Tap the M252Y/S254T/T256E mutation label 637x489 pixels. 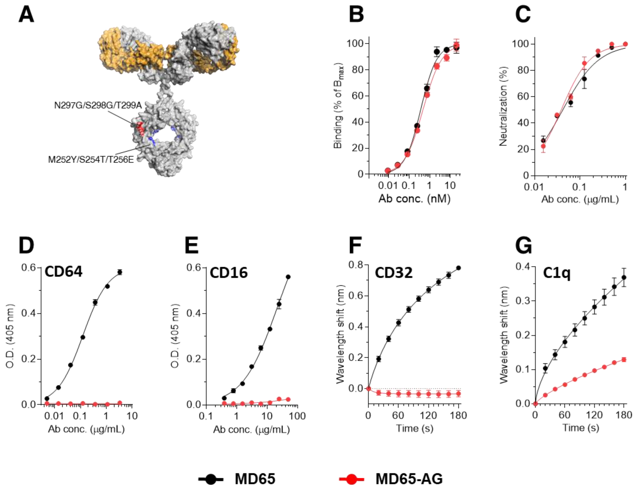(91, 160)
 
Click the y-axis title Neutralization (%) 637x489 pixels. (503, 106)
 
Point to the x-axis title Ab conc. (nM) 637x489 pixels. (414, 198)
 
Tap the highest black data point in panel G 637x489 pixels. (624, 277)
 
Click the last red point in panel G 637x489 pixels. (624, 359)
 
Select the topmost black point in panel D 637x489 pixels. (119, 272)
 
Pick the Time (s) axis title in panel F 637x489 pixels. (414, 428)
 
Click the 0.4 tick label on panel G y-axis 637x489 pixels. (523, 266)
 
